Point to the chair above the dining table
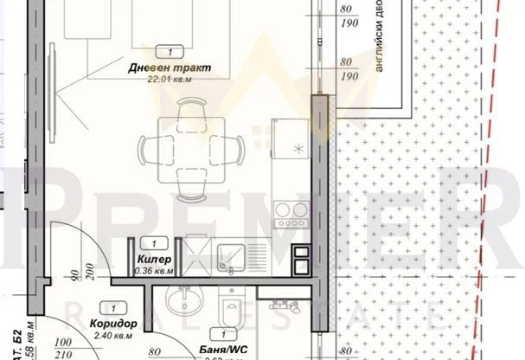point(189,110)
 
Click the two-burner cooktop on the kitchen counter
point(291,210)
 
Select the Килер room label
point(155,260)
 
